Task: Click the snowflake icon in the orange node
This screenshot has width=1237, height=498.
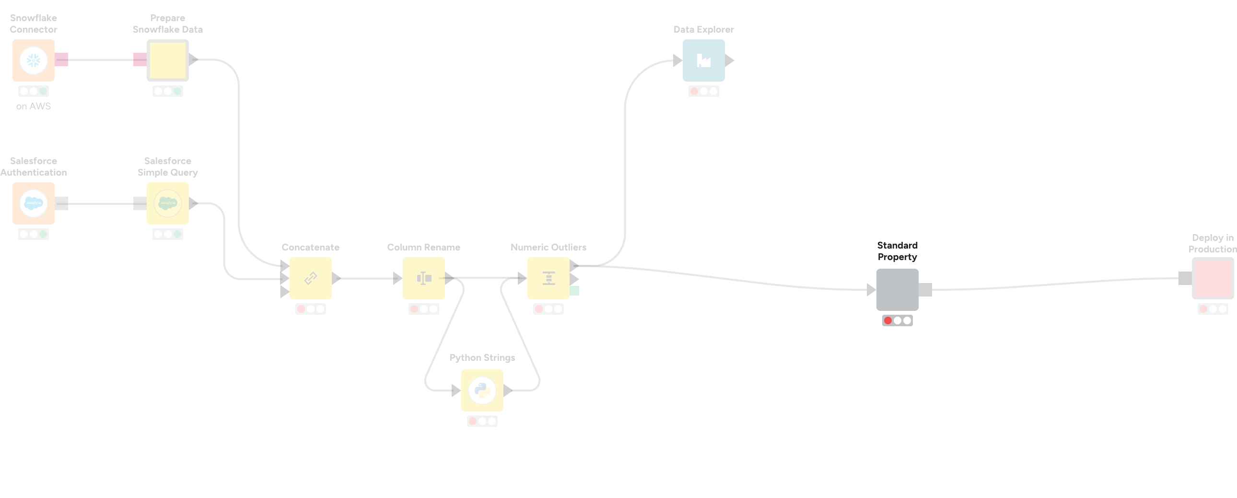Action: (33, 60)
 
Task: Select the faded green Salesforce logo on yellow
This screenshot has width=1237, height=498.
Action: (168, 203)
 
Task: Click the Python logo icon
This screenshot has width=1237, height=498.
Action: (482, 391)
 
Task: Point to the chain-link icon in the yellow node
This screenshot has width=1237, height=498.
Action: (311, 278)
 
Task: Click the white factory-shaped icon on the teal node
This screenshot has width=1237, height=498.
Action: (703, 60)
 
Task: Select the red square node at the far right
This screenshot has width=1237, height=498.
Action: (1213, 278)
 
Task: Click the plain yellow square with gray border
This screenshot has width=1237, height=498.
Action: (167, 60)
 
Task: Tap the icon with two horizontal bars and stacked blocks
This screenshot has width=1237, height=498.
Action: (549, 278)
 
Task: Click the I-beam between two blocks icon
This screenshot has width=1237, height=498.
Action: (424, 278)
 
